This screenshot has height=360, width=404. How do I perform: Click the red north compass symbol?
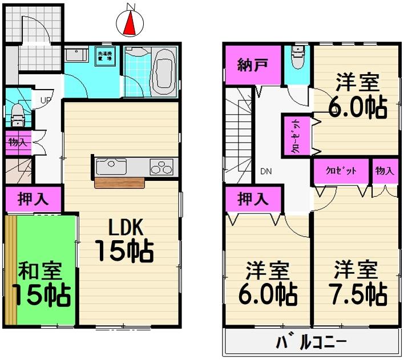click(131, 22)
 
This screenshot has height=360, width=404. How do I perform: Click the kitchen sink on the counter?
click(112, 167)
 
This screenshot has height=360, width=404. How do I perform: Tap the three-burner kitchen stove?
click(161, 167)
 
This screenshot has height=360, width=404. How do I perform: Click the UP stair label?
click(45, 102)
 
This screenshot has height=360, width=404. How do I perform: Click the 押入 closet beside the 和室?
click(33, 199)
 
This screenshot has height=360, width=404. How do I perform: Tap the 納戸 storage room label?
click(251, 63)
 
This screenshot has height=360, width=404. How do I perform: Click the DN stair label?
click(266, 171)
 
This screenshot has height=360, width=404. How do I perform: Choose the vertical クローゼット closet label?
click(297, 135)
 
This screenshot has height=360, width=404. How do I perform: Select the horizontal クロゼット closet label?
click(341, 171)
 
